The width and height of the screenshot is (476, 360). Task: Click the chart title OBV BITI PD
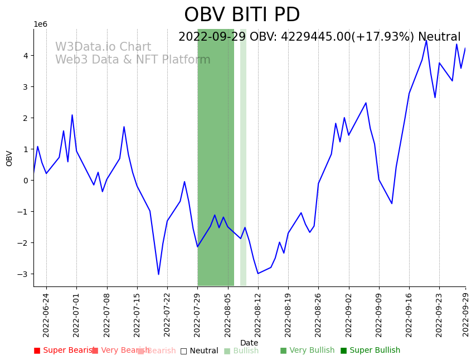click(242, 15)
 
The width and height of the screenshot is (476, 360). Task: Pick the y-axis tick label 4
click(25, 56)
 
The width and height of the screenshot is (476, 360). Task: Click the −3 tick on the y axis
click(23, 274)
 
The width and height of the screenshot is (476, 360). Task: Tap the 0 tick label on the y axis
click(25, 181)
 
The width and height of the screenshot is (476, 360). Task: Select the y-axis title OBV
click(9, 158)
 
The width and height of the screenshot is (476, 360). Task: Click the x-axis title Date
click(249, 343)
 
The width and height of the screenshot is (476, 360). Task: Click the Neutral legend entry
click(199, 351)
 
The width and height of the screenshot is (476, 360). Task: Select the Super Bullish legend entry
click(370, 351)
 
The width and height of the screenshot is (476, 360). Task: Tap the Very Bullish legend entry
click(307, 351)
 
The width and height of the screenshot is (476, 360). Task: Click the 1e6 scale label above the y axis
click(41, 25)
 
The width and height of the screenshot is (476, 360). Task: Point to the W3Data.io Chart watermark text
click(103, 47)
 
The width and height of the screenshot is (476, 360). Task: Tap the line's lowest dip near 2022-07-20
click(158, 274)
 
